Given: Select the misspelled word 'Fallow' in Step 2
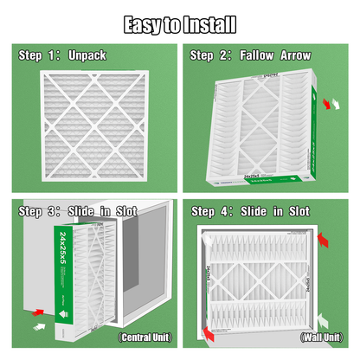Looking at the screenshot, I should tap(257, 55).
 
